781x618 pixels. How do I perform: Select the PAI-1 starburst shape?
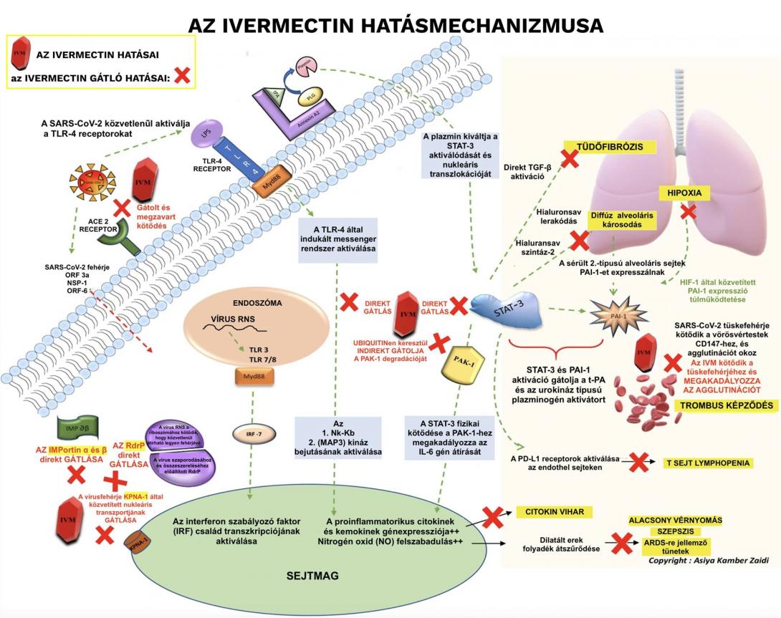(x=616, y=314)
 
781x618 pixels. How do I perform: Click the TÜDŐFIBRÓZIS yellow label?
(x=610, y=147)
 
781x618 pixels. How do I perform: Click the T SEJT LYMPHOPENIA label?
(x=706, y=463)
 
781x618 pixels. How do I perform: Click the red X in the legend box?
(x=182, y=74)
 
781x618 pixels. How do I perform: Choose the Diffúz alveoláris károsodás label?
(x=623, y=219)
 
